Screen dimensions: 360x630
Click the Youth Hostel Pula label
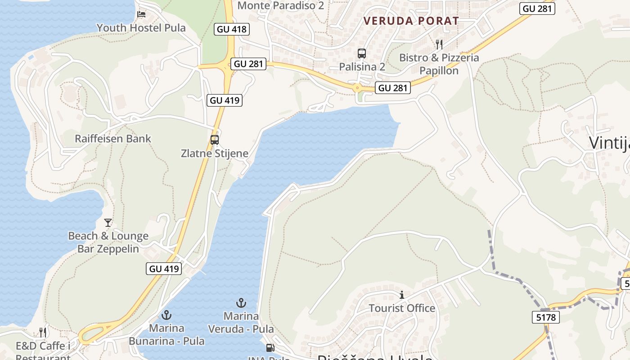141,28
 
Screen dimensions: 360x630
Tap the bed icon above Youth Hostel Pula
141,14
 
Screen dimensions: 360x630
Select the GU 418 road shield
232,30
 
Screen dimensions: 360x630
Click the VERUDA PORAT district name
411,21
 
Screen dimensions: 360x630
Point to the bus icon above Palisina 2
362,54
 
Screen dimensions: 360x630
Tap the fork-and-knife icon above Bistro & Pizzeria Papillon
439,44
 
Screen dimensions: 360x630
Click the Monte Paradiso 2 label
280,5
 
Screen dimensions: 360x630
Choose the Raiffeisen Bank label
113,139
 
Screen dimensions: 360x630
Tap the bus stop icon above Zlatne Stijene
215,139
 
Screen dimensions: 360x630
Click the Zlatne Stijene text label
215,153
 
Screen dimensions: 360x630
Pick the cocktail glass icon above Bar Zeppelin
108,222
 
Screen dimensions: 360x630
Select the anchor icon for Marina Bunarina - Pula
167,315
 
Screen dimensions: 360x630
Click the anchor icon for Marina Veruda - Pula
241,303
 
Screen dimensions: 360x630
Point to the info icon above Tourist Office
402,295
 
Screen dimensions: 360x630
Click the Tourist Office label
402,308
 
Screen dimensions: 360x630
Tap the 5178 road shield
546,317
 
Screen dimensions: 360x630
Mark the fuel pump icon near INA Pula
270,348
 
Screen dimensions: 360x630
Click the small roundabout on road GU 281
358,88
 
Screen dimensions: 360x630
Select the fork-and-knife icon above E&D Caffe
43,332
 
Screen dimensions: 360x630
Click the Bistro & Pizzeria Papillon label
439,64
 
